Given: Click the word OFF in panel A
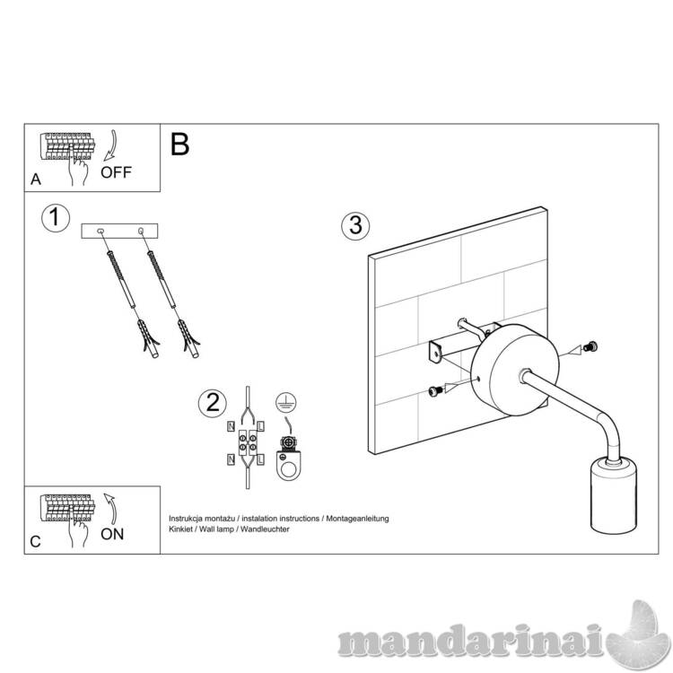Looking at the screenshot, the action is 116,172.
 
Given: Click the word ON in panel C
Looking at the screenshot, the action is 112,534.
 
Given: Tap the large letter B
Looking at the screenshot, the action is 179,144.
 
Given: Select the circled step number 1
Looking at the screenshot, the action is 56,218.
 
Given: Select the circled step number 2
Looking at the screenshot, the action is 213,404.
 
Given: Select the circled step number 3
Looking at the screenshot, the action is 355,225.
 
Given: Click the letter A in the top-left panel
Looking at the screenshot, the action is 36,179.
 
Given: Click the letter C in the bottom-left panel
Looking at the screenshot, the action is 35,542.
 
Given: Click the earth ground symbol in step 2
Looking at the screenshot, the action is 286,403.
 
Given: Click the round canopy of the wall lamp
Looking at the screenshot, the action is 514,370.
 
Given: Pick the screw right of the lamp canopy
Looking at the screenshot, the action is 590,346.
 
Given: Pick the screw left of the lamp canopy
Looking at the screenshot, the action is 435,390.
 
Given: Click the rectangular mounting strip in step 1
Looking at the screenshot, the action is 119,231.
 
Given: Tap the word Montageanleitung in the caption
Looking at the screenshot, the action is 357,519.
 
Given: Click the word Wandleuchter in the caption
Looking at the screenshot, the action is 265,529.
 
